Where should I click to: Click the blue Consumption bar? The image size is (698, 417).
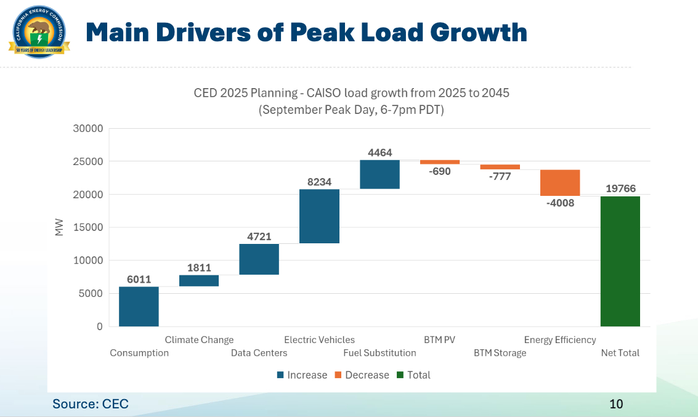pos(139,306)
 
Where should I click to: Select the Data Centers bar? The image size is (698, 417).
pos(259,259)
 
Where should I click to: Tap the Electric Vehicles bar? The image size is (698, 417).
pos(319,216)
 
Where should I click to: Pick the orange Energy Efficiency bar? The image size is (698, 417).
pos(560,182)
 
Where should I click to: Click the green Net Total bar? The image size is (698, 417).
pos(620,261)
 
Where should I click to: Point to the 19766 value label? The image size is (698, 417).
pos(620,188)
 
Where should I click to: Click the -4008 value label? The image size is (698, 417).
pos(560,203)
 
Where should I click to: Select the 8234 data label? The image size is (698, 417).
pos(319,182)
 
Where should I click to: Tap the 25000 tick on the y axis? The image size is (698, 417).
pos(90,161)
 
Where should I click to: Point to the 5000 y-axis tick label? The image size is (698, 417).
pos(92,293)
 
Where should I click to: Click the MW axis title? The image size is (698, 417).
pos(60,227)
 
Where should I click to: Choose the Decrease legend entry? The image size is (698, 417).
pos(362,375)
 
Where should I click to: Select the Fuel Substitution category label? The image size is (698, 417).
pos(379,353)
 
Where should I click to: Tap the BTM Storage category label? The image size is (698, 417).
pos(500,353)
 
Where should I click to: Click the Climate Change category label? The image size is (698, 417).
pos(199,339)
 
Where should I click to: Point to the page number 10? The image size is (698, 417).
pos(616,404)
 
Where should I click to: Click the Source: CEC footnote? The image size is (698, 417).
pos(91,404)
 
